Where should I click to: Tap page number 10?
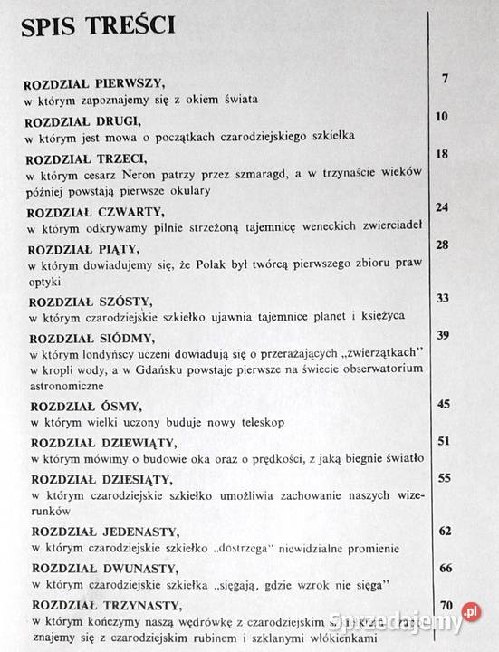click(442, 117)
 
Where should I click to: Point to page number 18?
click(442, 155)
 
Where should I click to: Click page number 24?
click(442, 207)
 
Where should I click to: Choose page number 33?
click(443, 297)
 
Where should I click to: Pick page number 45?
click(443, 403)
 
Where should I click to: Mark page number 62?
click(444, 530)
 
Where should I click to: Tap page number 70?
click(445, 605)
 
